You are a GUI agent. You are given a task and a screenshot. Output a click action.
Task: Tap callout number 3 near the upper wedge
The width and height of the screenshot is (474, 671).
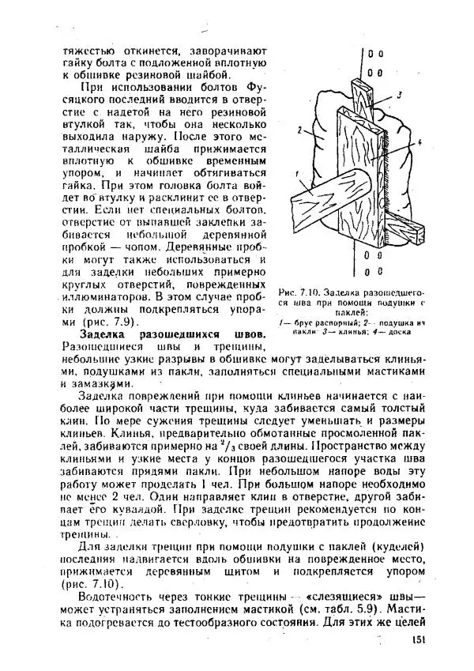click(401, 94)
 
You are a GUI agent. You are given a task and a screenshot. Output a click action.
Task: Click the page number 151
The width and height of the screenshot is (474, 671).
click(419, 641)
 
